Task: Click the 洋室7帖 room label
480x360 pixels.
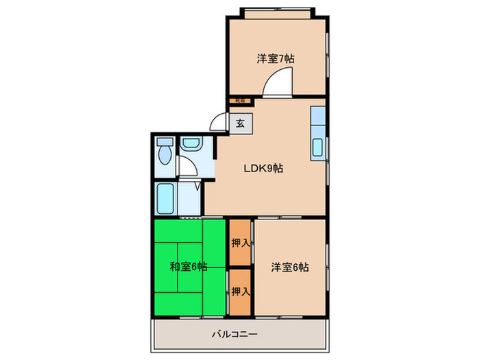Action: pos(276,59)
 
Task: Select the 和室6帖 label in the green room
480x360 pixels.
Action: pos(188,267)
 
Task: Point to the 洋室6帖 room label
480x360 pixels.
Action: pos(289,267)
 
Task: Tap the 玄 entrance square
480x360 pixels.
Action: pos(240,124)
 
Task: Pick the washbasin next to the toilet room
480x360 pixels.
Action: pos(189,144)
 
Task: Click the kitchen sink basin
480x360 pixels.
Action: pos(318,147)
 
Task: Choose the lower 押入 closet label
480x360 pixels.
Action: pos(239,291)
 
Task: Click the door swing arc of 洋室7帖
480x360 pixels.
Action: pos(278,84)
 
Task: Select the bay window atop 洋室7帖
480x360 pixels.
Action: pos(277,12)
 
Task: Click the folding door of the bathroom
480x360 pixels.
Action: pos(198,185)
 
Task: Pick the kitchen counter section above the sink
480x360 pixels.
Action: pos(318,118)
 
